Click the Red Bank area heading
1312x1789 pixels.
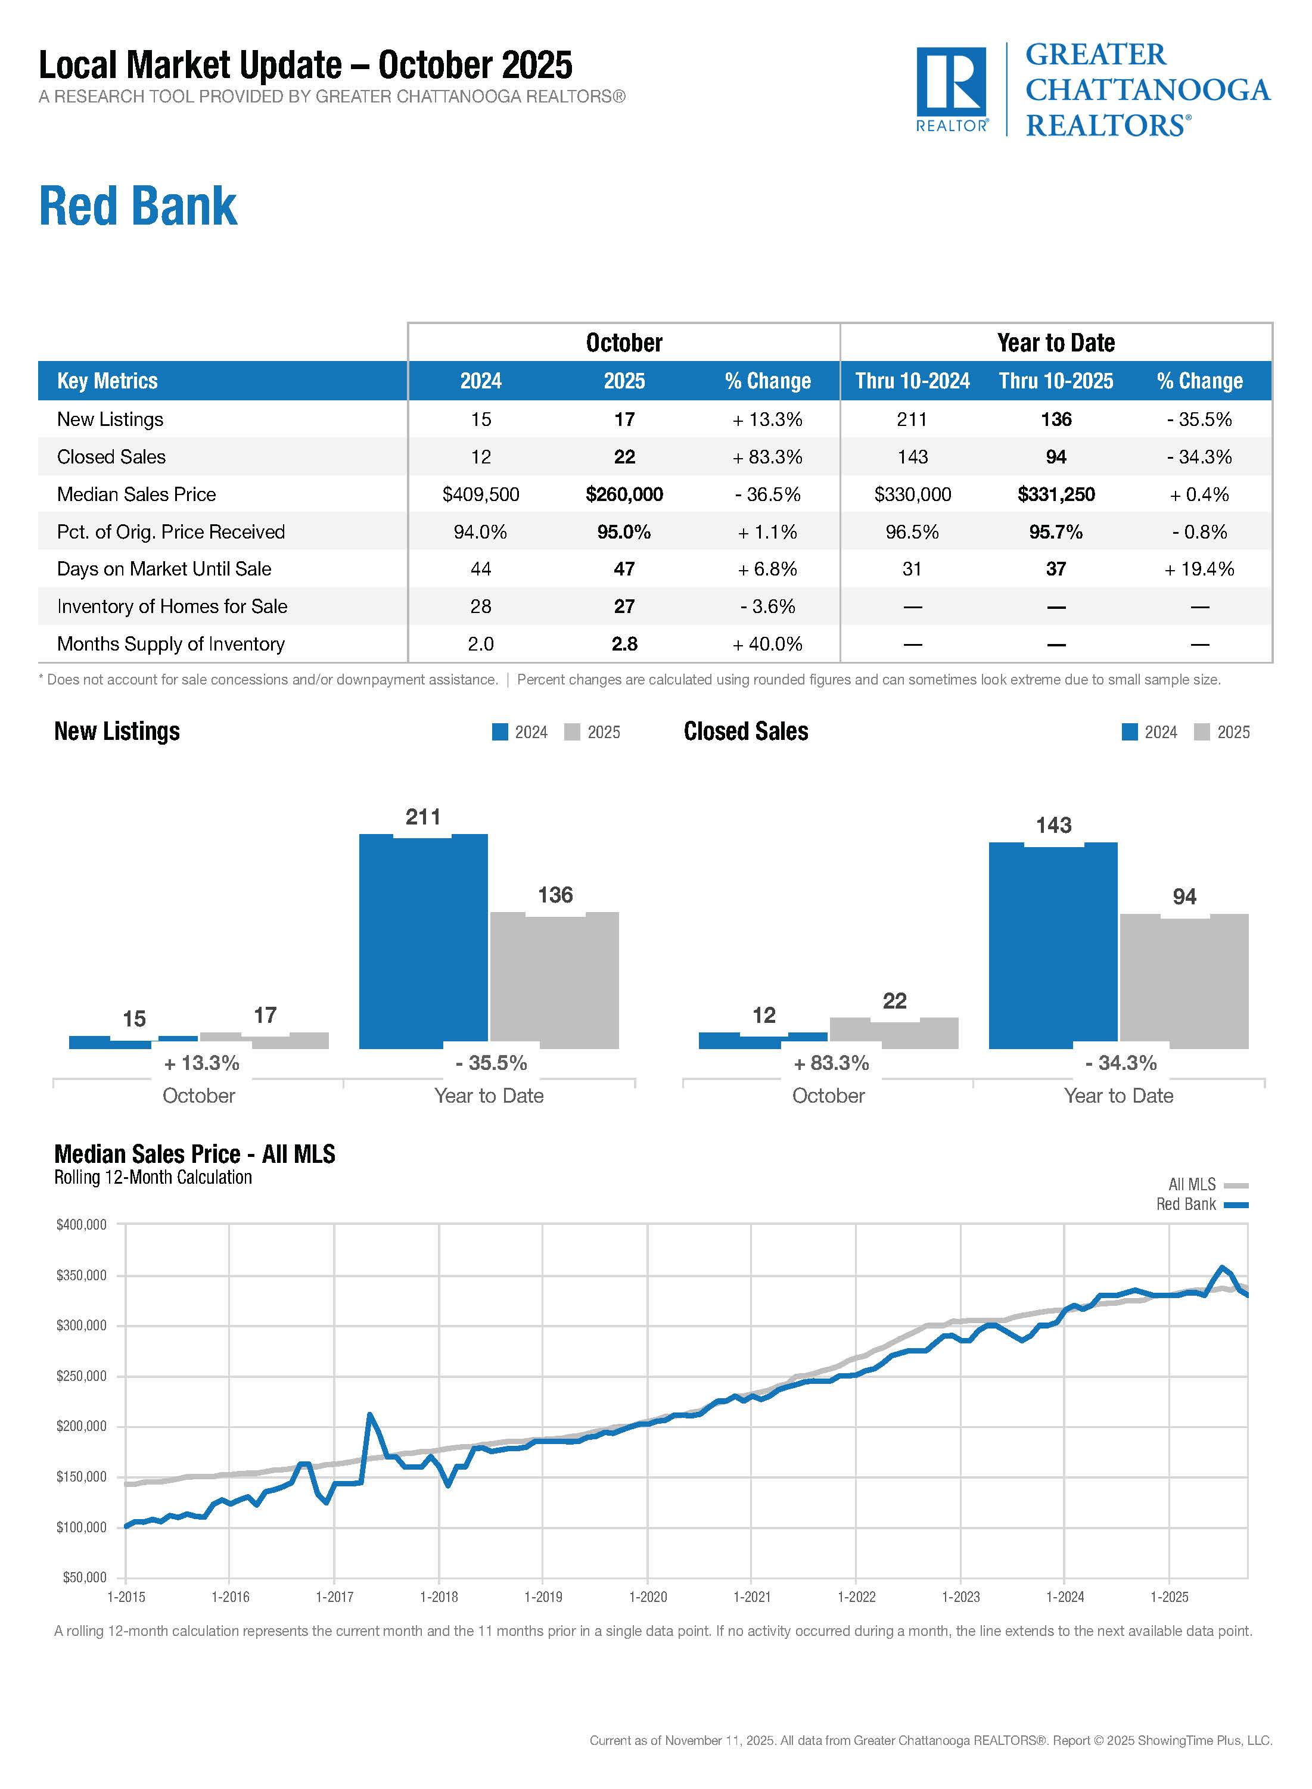coord(138,207)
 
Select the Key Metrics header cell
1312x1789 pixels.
coord(107,381)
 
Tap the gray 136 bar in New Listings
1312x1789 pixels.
coord(554,981)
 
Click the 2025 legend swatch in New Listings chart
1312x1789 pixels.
coord(572,732)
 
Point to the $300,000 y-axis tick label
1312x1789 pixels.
coord(81,1326)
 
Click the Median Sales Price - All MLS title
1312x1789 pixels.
coord(195,1154)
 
